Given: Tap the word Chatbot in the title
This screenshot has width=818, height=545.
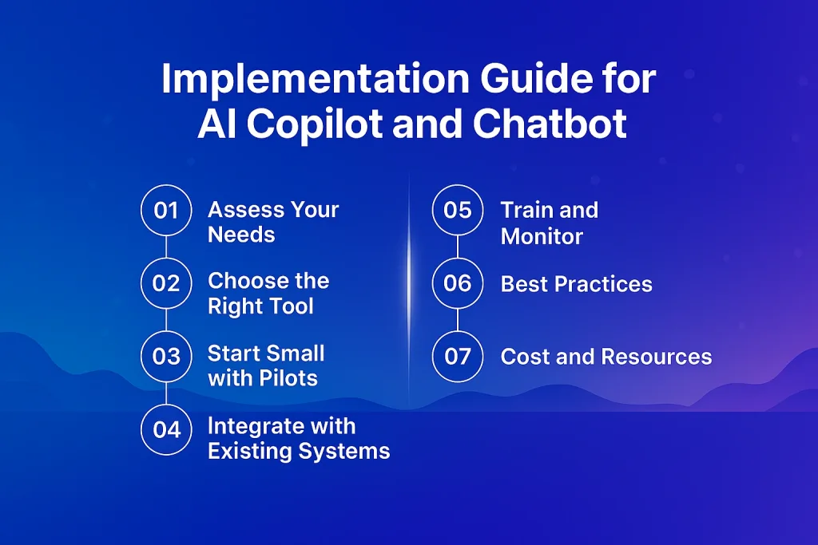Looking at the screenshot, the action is point(550,124).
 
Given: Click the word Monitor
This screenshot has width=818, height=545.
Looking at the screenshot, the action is point(542,236).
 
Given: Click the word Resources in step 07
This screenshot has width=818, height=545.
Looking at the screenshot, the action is point(657,357).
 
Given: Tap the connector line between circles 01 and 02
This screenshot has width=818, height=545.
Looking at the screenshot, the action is point(166,247).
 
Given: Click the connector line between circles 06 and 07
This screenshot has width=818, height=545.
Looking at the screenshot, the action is point(458,319).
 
